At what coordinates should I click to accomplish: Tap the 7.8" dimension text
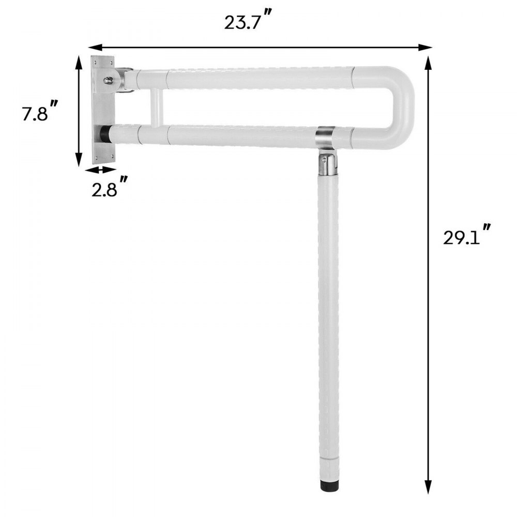(39, 113)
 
